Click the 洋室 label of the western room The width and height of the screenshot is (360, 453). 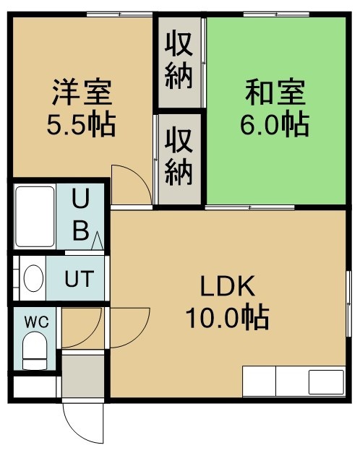(82, 92)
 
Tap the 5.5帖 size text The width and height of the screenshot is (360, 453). (82, 125)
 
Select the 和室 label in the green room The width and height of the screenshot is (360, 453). (275, 92)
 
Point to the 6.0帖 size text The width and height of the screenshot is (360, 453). (275, 125)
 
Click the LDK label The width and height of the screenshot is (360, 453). (228, 286)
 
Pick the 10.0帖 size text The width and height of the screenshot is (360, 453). (227, 318)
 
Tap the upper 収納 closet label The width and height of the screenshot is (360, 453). (179, 61)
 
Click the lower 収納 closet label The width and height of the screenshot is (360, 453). (179, 158)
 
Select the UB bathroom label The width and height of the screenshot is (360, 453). (80, 215)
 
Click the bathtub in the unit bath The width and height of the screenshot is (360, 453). (35, 217)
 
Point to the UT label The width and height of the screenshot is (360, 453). (80, 279)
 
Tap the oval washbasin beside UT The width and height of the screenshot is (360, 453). (33, 278)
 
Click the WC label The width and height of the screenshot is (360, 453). (36, 322)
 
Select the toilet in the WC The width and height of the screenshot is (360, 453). (35, 350)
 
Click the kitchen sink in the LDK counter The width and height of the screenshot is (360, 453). (326, 382)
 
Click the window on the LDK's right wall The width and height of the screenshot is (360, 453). (349, 303)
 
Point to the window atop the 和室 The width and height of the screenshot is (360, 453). (276, 14)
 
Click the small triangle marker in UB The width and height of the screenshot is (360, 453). (97, 241)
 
